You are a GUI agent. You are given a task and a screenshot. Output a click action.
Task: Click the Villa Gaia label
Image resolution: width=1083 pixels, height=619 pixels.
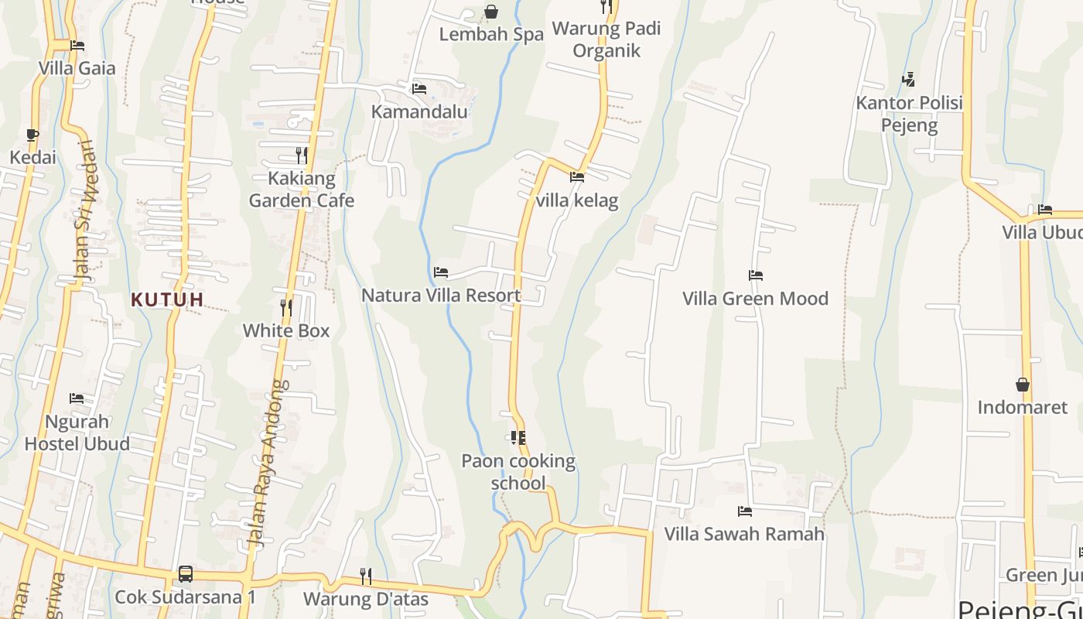pyautogui.click(x=77, y=68)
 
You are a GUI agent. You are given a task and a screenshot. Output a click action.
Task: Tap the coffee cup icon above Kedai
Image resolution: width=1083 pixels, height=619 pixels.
pyautogui.click(x=32, y=135)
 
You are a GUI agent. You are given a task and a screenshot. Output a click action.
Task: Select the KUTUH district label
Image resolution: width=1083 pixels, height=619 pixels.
pyautogui.click(x=167, y=299)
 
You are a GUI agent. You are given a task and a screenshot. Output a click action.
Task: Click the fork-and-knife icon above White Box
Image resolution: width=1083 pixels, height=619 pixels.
pyautogui.click(x=286, y=307)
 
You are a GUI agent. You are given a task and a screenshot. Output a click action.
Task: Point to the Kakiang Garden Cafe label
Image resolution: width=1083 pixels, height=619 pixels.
pyautogui.click(x=302, y=190)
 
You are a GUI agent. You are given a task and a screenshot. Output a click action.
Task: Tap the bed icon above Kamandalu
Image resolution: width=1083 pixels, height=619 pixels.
pyautogui.click(x=419, y=89)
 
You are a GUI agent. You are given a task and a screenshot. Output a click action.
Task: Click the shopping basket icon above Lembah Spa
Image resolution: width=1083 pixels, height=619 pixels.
pyautogui.click(x=491, y=12)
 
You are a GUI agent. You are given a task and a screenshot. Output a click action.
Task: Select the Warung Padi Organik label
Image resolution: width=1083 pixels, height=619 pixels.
pyautogui.click(x=606, y=40)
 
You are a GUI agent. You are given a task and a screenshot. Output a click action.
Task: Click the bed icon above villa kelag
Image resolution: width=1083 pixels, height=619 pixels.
pyautogui.click(x=577, y=177)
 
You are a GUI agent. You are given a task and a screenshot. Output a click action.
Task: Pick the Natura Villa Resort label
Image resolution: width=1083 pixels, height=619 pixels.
pyautogui.click(x=441, y=296)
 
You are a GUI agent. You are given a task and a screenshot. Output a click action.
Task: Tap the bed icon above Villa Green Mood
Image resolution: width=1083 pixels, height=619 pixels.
pyautogui.click(x=756, y=275)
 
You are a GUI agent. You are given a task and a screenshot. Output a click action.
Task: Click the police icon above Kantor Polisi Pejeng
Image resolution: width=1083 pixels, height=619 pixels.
pyautogui.click(x=909, y=79)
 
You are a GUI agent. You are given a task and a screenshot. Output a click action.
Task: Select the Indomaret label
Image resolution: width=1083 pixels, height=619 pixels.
pyautogui.click(x=1022, y=407)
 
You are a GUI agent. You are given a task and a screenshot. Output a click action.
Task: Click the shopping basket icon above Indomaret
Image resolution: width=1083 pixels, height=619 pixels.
pyautogui.click(x=1023, y=385)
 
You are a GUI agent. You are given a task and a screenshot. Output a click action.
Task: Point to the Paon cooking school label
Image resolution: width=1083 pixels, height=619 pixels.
pyautogui.click(x=518, y=472)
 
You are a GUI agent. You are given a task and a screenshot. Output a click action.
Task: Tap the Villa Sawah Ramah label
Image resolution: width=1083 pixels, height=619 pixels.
pyautogui.click(x=744, y=534)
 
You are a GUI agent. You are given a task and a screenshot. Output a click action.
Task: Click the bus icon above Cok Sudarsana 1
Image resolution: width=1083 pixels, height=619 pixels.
pyautogui.click(x=186, y=574)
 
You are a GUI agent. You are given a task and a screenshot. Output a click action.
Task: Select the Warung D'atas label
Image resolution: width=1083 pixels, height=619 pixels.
pyautogui.click(x=365, y=599)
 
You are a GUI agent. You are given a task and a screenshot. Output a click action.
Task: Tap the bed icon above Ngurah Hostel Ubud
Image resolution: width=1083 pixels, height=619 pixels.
pyautogui.click(x=77, y=398)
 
